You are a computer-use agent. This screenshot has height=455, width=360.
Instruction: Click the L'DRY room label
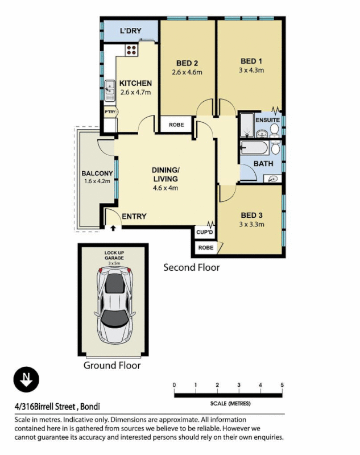130,31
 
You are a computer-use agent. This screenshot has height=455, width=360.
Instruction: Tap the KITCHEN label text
135,84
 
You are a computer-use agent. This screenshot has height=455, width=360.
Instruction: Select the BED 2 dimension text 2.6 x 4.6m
187,72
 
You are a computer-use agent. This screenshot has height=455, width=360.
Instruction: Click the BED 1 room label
251,61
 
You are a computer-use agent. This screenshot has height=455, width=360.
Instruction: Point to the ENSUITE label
267,121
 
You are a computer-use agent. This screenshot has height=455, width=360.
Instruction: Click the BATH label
263,164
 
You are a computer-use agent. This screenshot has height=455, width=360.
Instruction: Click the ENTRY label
134,216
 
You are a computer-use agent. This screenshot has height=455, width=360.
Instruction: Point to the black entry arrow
113,228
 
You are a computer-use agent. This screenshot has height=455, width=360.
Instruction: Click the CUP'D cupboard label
204,232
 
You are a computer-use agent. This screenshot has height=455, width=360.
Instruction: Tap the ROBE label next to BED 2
176,124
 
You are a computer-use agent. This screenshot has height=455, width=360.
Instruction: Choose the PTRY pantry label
110,112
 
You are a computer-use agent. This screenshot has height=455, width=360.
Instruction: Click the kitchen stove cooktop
131,49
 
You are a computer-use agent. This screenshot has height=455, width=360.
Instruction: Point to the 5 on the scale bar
282,386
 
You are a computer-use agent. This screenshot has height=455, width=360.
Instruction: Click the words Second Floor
191,267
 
